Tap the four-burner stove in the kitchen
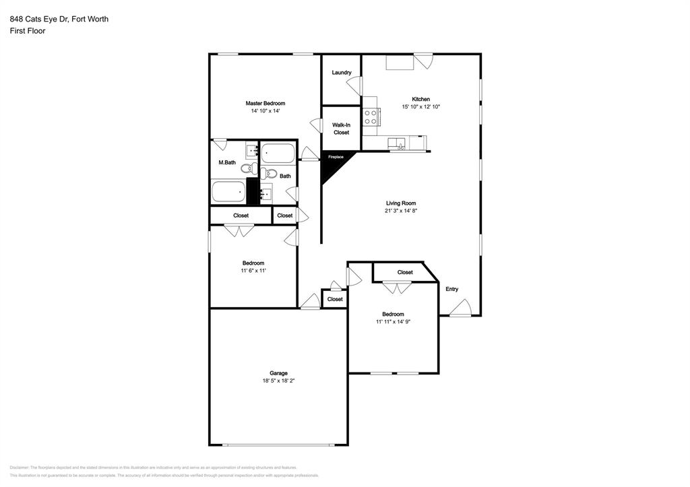(370, 117)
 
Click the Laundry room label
(342, 73)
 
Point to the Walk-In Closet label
(342, 129)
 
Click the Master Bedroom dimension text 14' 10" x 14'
(265, 111)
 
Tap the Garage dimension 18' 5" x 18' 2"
(278, 381)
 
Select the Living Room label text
(400, 203)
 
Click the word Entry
(451, 289)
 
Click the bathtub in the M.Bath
(228, 192)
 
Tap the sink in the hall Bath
(266, 193)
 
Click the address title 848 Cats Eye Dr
(59, 19)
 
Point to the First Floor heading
(28, 31)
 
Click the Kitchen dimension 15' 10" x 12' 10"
(420, 106)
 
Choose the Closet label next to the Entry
(405, 272)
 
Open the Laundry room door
(354, 86)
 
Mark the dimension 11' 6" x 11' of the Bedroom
(253, 270)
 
